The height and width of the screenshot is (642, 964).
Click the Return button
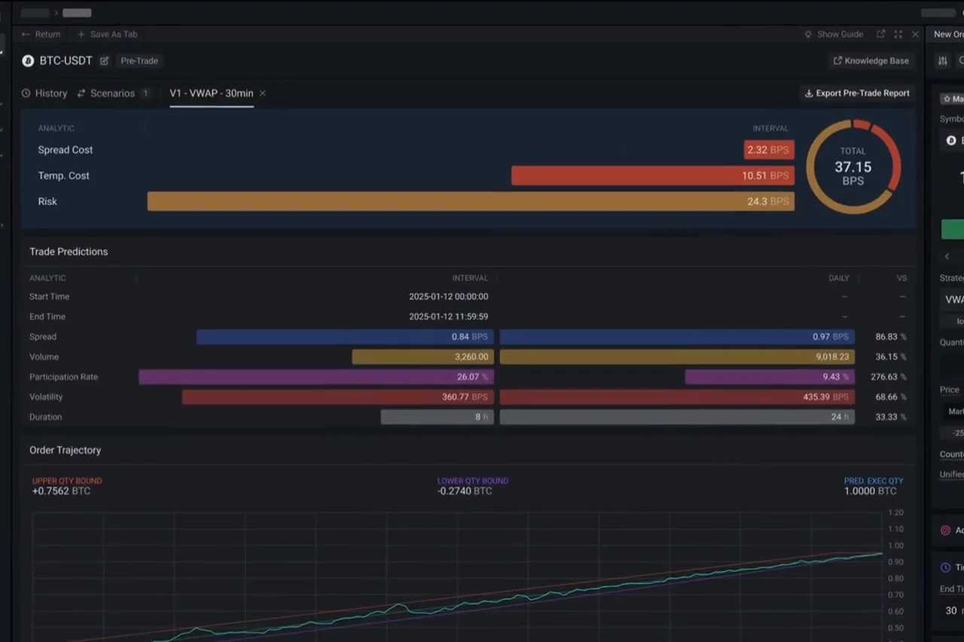click(41, 35)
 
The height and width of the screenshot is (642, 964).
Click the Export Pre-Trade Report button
click(857, 93)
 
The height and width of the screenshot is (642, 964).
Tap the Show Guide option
click(834, 35)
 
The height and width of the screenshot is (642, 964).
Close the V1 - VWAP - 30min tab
click(262, 93)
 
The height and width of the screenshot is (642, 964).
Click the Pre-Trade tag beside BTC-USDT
click(139, 61)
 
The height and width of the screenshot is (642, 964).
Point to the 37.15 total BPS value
click(853, 167)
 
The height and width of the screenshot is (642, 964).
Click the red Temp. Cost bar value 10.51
click(765, 176)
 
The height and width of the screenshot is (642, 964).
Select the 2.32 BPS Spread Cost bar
click(769, 150)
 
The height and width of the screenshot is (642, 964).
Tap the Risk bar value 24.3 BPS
click(768, 201)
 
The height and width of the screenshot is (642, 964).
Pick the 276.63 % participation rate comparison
click(891, 377)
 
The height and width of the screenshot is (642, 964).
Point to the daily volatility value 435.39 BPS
click(826, 397)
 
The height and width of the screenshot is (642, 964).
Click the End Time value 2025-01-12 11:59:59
click(448, 316)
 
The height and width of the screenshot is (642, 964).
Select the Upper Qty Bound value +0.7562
click(61, 491)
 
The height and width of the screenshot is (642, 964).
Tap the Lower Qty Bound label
click(472, 481)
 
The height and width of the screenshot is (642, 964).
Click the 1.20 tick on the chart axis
click(896, 513)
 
